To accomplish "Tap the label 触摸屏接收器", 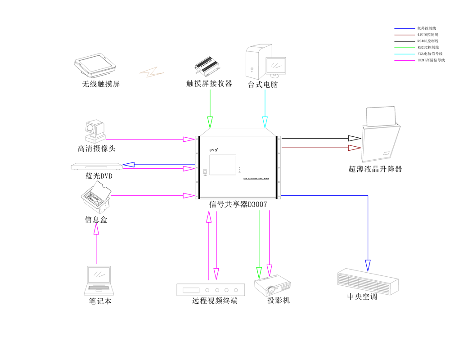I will (x=209, y=84).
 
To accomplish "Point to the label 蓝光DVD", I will (x=99, y=176).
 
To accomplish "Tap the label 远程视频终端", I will (x=215, y=301).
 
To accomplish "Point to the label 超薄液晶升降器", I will (x=375, y=169).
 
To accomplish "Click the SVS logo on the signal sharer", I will (x=214, y=149).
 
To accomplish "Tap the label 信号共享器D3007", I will (x=238, y=204).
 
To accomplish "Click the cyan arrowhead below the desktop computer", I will (x=265, y=122).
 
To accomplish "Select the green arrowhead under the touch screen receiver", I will (x=210, y=122).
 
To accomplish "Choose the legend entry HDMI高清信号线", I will (x=431, y=60).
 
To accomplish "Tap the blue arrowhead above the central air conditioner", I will (x=368, y=265).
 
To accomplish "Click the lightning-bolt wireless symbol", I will (x=151, y=72).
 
